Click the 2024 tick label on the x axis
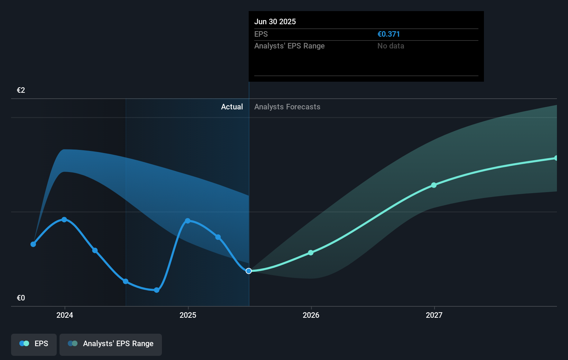coord(65,315)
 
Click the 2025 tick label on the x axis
coord(188,315)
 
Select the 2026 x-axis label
coord(311,315)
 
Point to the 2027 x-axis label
coord(434,315)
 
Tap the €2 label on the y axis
coord(21,90)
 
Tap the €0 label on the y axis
coord(21,298)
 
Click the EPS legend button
coord(34,344)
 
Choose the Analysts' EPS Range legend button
coord(111,344)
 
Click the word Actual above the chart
coord(232,107)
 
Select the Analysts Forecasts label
coord(287,107)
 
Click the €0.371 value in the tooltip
coord(388,34)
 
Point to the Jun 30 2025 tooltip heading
coord(275,22)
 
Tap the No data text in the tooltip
coord(391,46)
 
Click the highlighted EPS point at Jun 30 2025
coord(249,271)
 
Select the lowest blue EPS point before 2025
coord(157,290)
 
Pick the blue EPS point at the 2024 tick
coord(64,220)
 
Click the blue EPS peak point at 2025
coord(188,221)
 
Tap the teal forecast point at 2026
coord(311,253)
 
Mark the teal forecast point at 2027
coord(434,185)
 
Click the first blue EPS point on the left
coord(33,244)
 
